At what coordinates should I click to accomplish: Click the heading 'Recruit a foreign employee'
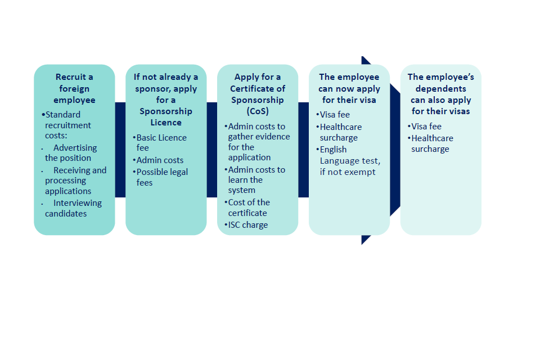click(x=74, y=88)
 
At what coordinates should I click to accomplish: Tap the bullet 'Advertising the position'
click(x=71, y=153)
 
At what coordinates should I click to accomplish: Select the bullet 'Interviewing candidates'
click(x=73, y=208)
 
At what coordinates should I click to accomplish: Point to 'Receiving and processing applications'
click(x=75, y=181)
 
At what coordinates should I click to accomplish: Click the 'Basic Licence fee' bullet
click(x=161, y=142)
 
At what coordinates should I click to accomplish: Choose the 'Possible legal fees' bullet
click(x=162, y=177)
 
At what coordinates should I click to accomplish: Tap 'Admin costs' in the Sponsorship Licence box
click(x=160, y=160)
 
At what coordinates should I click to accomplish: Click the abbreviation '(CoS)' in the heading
click(x=258, y=111)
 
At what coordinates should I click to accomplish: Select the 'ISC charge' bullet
click(x=248, y=225)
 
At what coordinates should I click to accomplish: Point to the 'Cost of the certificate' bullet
click(x=249, y=208)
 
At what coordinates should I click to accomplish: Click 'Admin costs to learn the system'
click(x=256, y=180)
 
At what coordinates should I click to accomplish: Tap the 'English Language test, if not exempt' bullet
click(x=348, y=161)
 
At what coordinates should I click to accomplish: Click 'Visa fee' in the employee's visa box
click(x=335, y=115)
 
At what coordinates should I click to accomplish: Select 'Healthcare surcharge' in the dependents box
click(x=431, y=143)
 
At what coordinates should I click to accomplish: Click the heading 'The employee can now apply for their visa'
click(x=349, y=88)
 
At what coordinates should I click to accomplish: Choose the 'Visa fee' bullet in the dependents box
click(x=426, y=127)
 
